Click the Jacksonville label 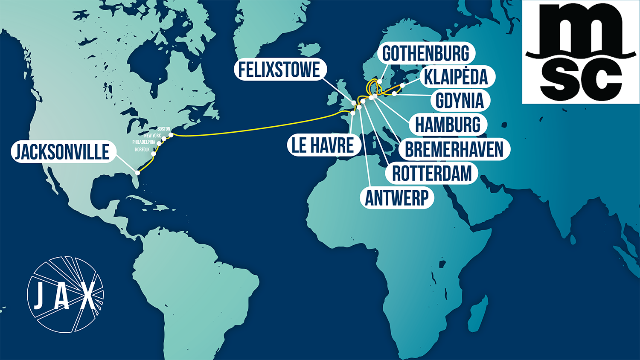tap(63, 152)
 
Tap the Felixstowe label tap(279, 70)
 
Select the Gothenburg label tap(426, 53)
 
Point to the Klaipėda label tap(456, 77)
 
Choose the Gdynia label tap(460, 101)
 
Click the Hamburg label tap(448, 125)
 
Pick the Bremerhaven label tap(454, 149)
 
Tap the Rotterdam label tap(432, 174)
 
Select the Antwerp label tap(397, 198)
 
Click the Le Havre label tap(323, 145)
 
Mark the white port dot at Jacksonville tap(137, 173)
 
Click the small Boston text tap(164, 129)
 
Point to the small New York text tap(153, 136)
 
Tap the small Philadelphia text tap(144, 142)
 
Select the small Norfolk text tap(143, 150)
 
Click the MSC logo tap(581, 52)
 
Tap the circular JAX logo tap(65, 294)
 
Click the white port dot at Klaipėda tap(402, 86)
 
